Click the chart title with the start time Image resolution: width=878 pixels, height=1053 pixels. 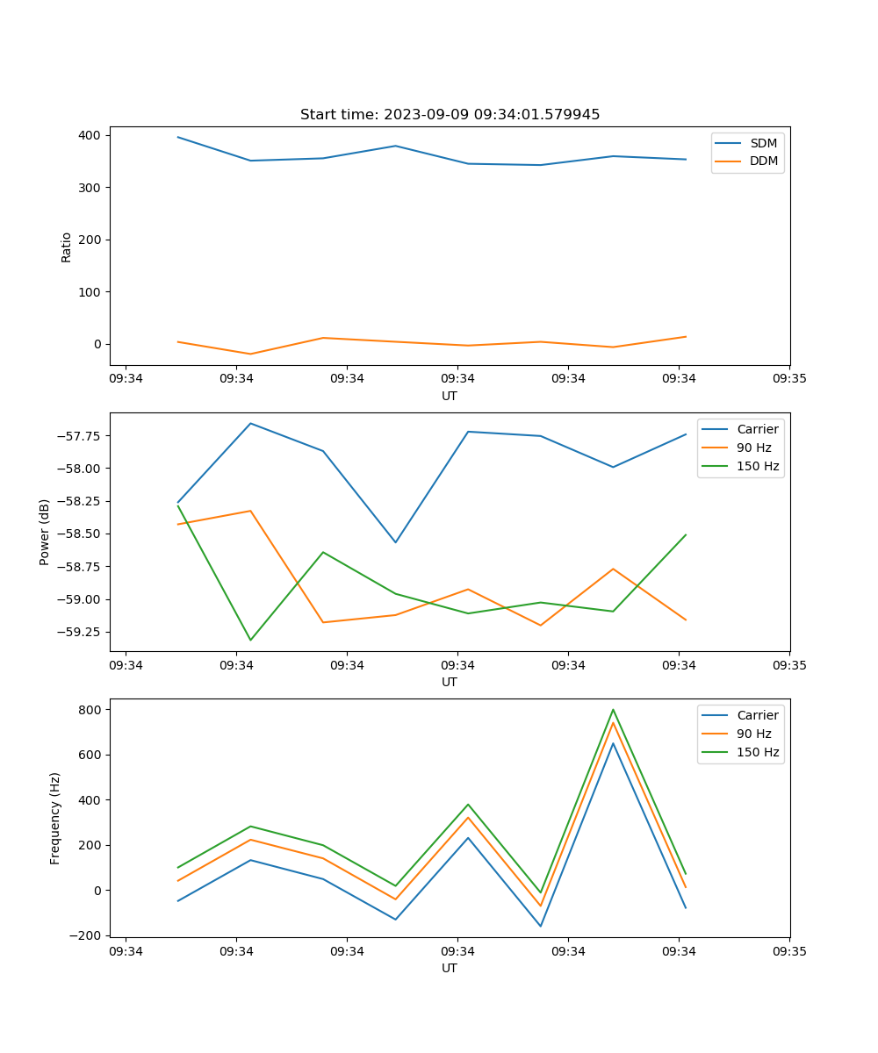450,115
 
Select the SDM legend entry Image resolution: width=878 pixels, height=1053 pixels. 763,143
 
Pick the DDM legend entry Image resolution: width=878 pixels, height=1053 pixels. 763,161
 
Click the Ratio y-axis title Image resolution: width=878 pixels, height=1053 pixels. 67,247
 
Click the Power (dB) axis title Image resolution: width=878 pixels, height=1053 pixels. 45,532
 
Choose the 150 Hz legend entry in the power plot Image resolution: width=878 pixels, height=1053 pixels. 758,466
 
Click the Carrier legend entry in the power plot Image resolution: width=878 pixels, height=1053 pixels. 758,429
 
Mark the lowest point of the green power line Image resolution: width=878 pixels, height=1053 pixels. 250,640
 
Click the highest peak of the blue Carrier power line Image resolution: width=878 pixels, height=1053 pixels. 250,423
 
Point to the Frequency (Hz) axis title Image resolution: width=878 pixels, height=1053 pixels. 55,818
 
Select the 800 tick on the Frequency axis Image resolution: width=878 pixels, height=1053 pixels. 90,709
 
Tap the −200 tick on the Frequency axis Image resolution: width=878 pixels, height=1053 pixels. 87,935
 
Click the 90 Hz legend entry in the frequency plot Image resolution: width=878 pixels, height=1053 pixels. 754,734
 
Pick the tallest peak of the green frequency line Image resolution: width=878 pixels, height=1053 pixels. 613,709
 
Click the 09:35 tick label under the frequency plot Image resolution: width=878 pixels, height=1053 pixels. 789,950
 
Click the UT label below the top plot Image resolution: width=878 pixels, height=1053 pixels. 450,396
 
